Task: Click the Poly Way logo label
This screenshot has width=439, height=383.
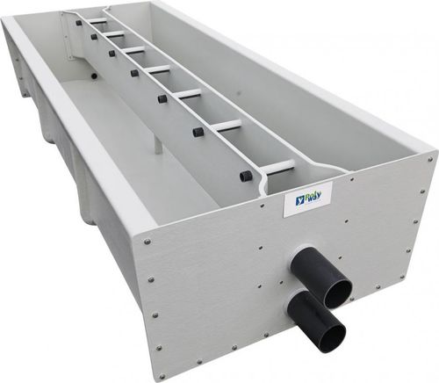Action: click(309, 199)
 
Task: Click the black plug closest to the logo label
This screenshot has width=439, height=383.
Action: click(244, 176)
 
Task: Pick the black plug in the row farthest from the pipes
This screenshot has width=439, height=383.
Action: click(79, 23)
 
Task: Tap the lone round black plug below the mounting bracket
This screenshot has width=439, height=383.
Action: click(94, 76)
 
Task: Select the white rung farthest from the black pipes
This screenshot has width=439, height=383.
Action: click(98, 20)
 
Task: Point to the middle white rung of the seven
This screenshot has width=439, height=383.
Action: click(160, 69)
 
